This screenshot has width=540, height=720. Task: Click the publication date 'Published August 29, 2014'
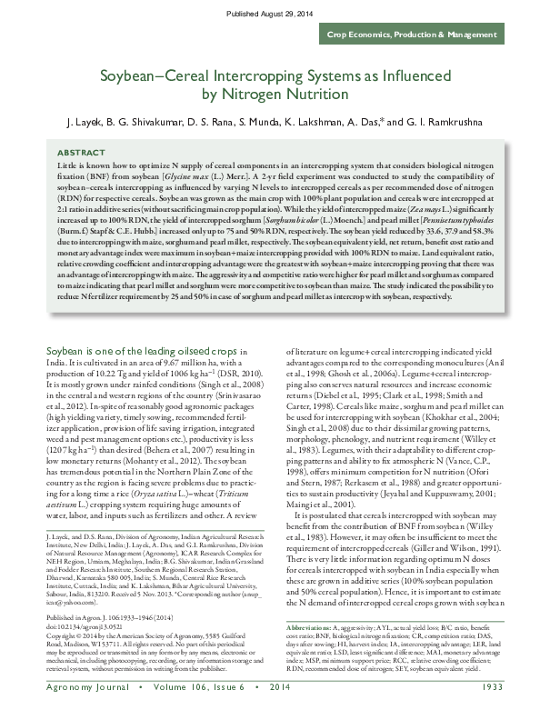point(269,14)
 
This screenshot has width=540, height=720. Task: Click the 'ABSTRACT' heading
point(80,153)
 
